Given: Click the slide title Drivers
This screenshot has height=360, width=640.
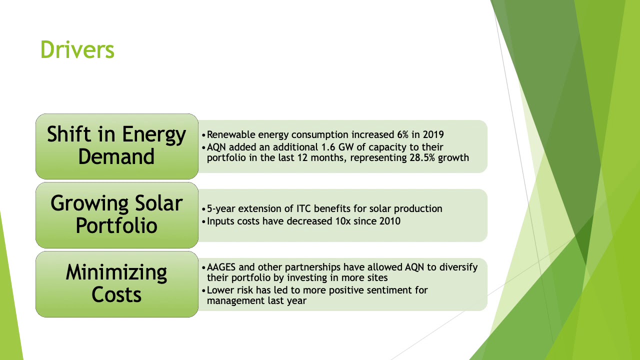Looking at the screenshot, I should click(77, 50).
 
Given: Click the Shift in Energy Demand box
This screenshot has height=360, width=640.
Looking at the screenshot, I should click(117, 146).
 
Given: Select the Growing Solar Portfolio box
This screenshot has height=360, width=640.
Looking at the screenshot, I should click(117, 215).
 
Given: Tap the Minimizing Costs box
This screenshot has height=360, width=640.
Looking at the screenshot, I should click(117, 284).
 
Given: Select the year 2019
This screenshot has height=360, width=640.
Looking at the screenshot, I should click(433, 134).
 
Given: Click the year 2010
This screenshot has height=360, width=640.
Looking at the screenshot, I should click(389, 220).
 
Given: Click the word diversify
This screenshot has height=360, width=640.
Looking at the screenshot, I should click(458, 267).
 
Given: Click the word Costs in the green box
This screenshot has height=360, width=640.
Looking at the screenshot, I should click(116, 294).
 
